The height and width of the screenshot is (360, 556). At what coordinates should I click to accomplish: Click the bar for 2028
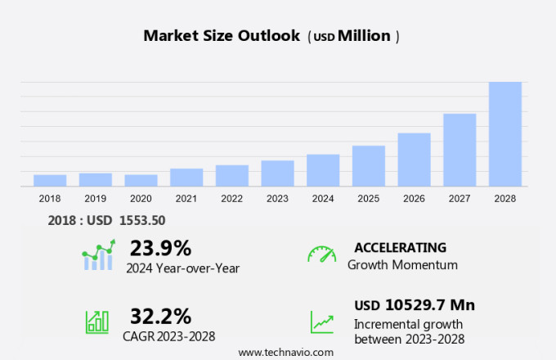tap(504, 134)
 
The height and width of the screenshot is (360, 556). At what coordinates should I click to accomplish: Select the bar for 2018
tap(50, 180)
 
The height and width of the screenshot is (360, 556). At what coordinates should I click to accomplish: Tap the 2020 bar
tap(141, 180)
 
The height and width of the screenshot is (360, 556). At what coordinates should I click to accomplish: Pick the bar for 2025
tap(368, 166)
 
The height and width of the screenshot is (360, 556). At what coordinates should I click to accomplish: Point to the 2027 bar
tap(460, 150)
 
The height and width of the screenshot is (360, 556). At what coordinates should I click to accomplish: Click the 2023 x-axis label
tap(277, 198)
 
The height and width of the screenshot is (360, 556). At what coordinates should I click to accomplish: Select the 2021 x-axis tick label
tap(186, 198)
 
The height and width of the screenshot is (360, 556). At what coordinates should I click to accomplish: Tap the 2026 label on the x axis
tap(414, 198)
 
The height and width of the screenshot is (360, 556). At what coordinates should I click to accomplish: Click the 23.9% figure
tap(160, 248)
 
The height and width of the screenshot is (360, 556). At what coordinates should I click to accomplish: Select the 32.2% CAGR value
tap(160, 316)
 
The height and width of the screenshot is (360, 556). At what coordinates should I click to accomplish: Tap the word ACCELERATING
tap(400, 248)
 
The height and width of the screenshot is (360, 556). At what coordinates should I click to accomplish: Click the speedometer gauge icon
tap(321, 254)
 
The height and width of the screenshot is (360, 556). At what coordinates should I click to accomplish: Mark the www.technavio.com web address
tap(285, 352)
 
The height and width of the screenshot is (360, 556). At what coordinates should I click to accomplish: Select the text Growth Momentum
tap(402, 265)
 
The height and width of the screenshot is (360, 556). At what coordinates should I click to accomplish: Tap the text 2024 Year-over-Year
tap(182, 268)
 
